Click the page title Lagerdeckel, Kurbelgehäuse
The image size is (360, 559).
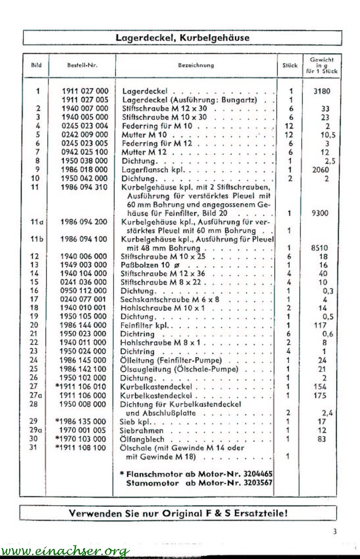[x=182, y=38]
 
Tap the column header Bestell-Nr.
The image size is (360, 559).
[x=82, y=65]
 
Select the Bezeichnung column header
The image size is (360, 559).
[x=196, y=65]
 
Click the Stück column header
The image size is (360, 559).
[x=290, y=65]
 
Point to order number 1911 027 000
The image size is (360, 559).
[x=85, y=91]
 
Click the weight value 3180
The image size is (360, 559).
[x=322, y=91]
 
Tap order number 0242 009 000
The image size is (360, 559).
[x=85, y=135]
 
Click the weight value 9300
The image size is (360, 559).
[x=322, y=213]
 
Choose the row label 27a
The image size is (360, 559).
[x=36, y=395]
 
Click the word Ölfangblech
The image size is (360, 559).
[x=142, y=439]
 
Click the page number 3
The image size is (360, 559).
[x=335, y=532]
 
